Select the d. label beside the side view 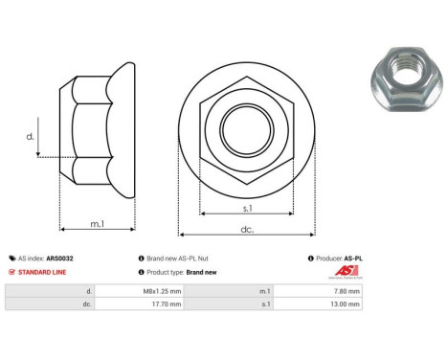tap(29, 138)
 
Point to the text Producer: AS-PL tap(338, 258)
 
